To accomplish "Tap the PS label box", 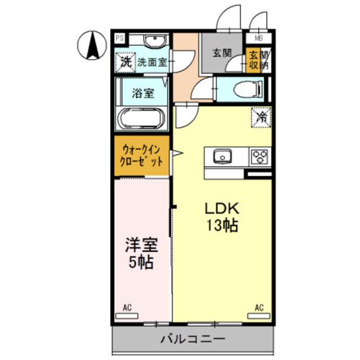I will (119, 38).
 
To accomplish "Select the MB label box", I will (259, 38).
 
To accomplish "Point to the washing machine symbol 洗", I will (125, 61).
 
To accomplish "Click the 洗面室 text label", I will (152, 62).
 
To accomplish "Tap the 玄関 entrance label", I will (222, 53).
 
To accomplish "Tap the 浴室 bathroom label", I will (143, 93).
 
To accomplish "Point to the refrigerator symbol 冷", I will (262, 117).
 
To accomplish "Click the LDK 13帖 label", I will (222, 217).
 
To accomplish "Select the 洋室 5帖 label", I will (141, 253).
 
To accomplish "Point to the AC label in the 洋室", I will (127, 307).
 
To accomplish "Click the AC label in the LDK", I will (259, 307).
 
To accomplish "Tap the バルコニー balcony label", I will (193, 339).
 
